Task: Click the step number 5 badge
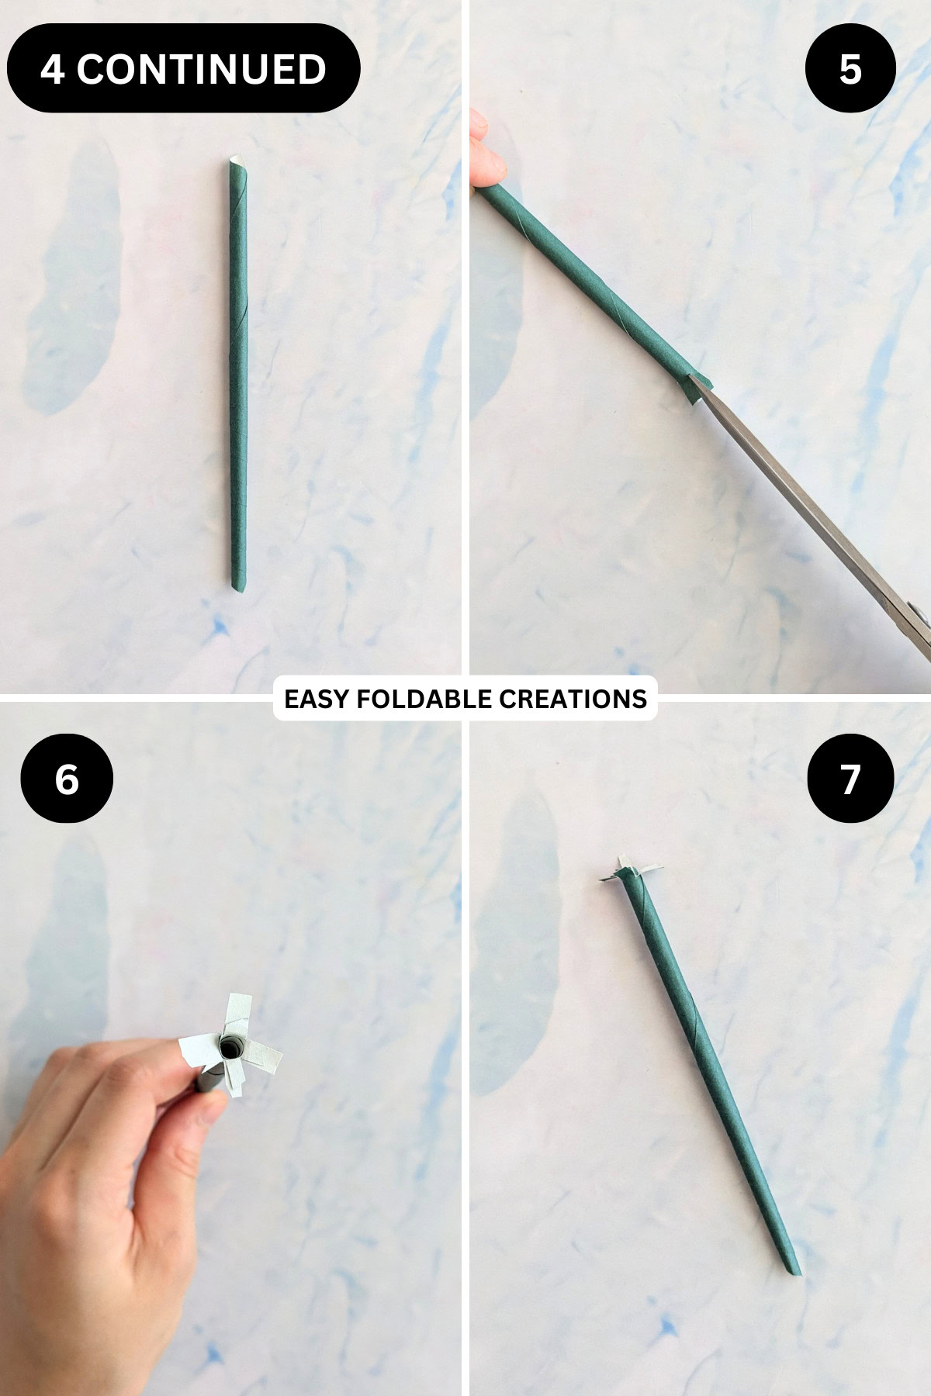pyautogui.click(x=850, y=68)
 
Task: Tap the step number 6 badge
pyautogui.click(x=67, y=778)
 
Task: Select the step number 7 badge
pyautogui.click(x=850, y=778)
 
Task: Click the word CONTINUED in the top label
pyautogui.click(x=201, y=69)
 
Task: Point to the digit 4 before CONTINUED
pyautogui.click(x=52, y=69)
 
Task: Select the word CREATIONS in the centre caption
pyautogui.click(x=573, y=699)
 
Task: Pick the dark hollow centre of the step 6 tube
pyautogui.click(x=230, y=1049)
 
